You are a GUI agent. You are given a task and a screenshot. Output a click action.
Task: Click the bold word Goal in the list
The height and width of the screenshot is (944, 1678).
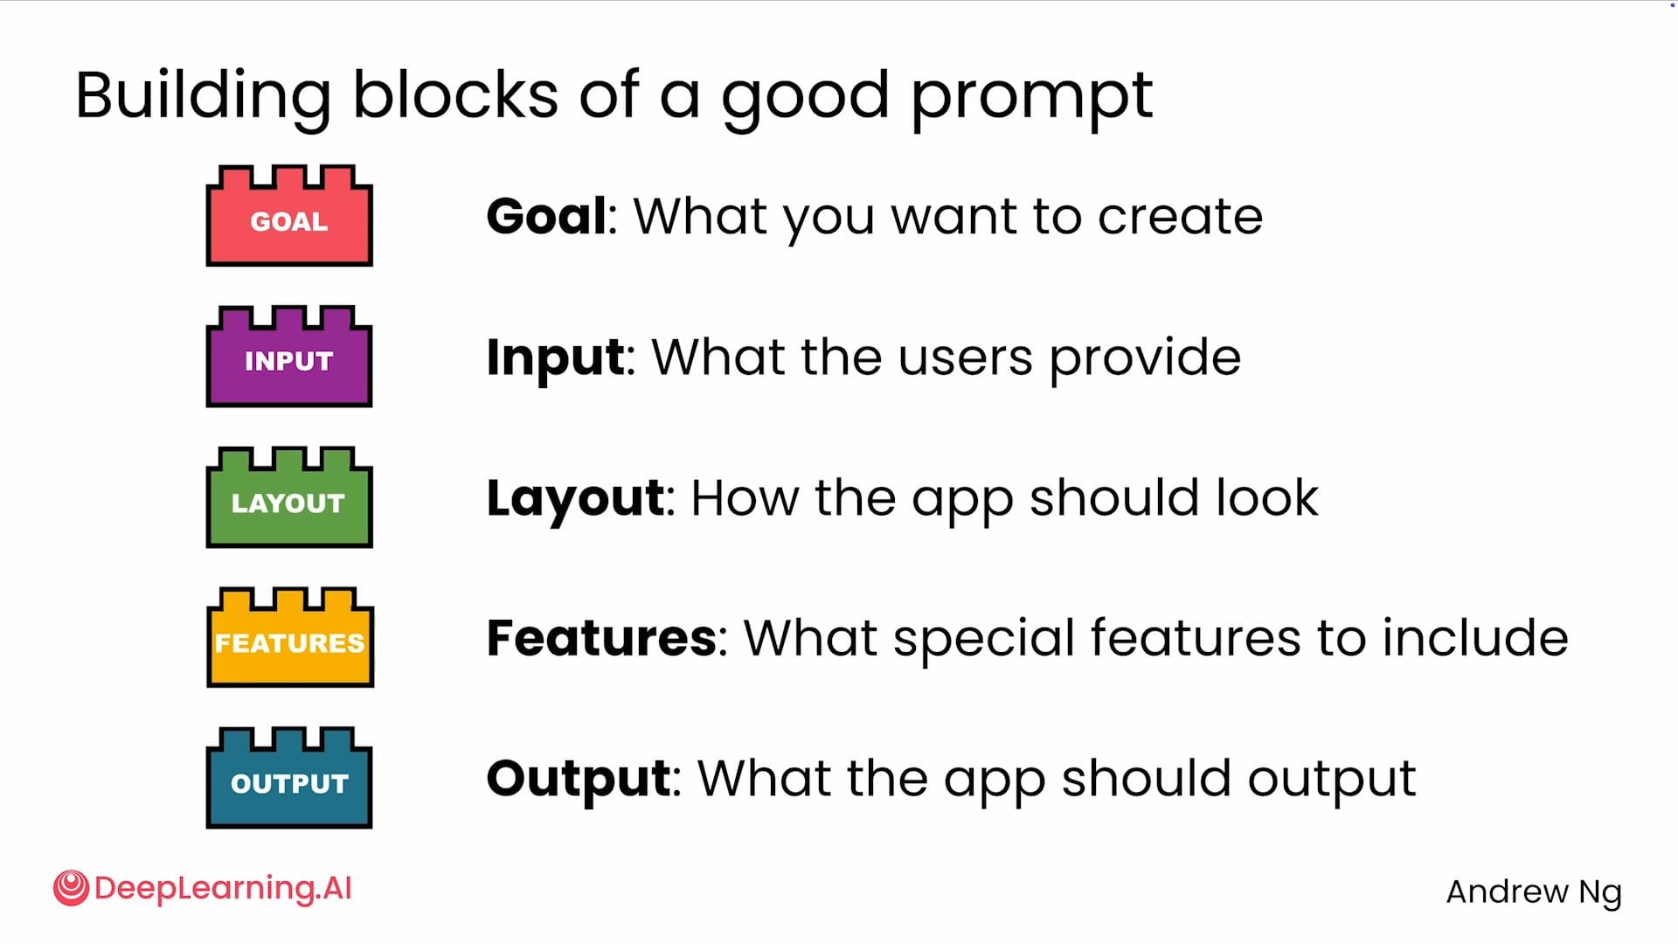tap(546, 216)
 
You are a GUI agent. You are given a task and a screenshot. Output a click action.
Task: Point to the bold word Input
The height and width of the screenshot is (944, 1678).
tap(556, 359)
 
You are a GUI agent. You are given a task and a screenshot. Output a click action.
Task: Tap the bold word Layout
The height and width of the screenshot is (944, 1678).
tap(574, 500)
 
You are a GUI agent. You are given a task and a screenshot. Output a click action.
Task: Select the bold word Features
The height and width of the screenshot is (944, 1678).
tap(601, 637)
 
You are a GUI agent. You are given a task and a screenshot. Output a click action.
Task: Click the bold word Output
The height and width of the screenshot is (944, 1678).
tap(579, 779)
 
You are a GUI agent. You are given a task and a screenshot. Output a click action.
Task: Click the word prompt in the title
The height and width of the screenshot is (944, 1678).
tap(1032, 98)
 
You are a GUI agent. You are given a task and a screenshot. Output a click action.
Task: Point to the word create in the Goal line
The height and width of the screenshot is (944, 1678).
tap(1180, 217)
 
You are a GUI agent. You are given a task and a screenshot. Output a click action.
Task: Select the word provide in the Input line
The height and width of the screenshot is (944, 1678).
tap(1145, 358)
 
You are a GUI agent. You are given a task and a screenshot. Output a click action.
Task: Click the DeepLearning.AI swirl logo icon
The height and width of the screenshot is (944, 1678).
tap(71, 888)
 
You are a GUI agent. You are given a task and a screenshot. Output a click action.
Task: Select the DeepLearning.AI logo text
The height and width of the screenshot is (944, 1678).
tap(223, 889)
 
